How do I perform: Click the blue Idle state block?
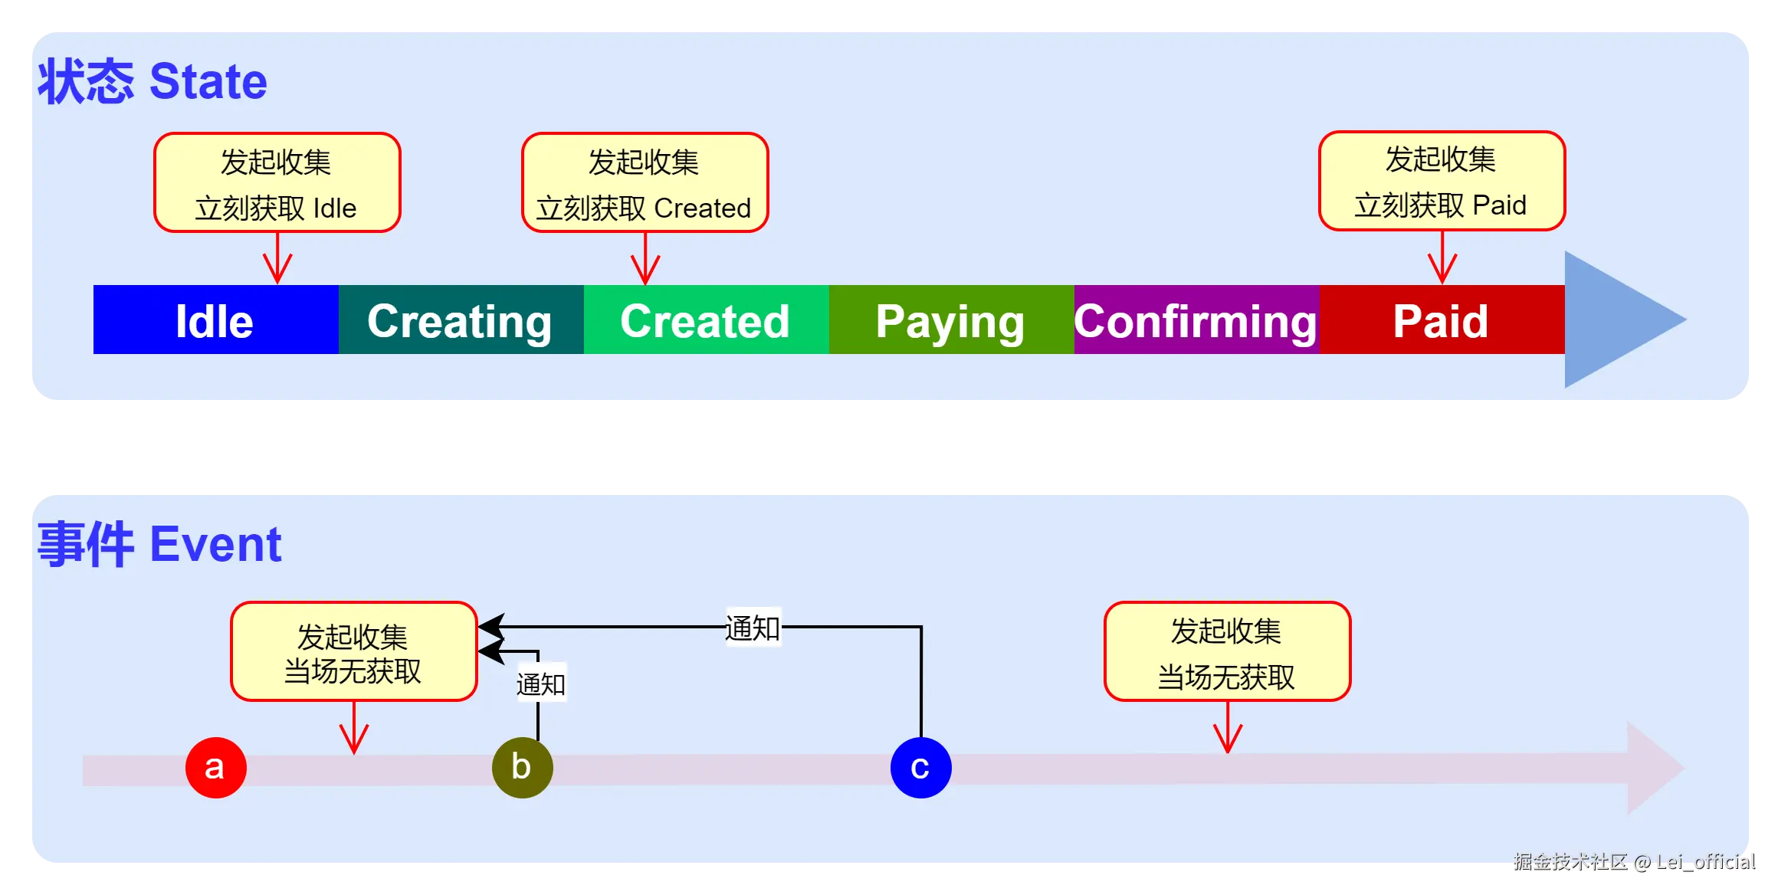coord(215,320)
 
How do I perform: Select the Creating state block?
coord(461,320)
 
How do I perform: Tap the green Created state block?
coord(706,320)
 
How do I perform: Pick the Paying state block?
coord(951,320)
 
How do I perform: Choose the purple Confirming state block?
coord(1196,320)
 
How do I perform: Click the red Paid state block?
coord(1442,320)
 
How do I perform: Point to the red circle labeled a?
coord(215,767)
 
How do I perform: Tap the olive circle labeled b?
coord(522,767)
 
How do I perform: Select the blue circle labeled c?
coord(920,767)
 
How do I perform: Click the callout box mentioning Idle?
coord(277,182)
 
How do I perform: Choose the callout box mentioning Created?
coord(645,182)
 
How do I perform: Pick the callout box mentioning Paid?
coord(1442,181)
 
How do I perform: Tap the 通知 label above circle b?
coord(541,684)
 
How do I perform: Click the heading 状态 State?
coord(153,81)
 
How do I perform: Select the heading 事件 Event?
coord(159,544)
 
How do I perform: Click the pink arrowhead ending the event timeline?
coord(1652,767)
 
